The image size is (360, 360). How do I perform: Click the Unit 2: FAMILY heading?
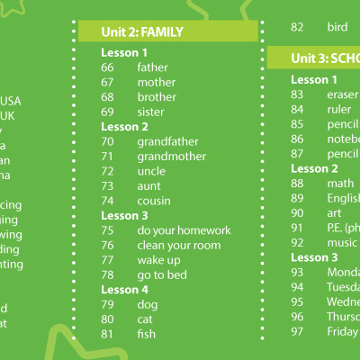(x=142, y=32)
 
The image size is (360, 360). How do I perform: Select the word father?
(x=153, y=67)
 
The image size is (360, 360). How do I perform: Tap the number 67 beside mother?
(x=108, y=82)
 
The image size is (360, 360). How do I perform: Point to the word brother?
(x=157, y=97)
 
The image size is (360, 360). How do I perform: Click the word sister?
(x=151, y=112)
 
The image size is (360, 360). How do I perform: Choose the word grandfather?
(x=167, y=141)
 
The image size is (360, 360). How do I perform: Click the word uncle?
(x=151, y=171)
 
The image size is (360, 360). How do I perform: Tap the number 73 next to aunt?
(x=108, y=185)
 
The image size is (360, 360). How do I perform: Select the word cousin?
(x=154, y=200)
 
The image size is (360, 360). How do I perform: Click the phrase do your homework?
(x=184, y=230)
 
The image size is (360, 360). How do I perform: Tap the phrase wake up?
(x=158, y=259)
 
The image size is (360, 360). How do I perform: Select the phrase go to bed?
(x=162, y=274)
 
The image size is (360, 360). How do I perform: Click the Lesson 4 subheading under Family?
(x=124, y=290)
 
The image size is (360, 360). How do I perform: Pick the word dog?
(x=148, y=304)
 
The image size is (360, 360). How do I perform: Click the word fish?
(x=147, y=334)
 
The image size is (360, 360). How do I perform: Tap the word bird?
(x=337, y=27)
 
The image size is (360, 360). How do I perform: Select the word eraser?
(x=343, y=94)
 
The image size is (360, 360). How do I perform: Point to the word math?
(x=340, y=184)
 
